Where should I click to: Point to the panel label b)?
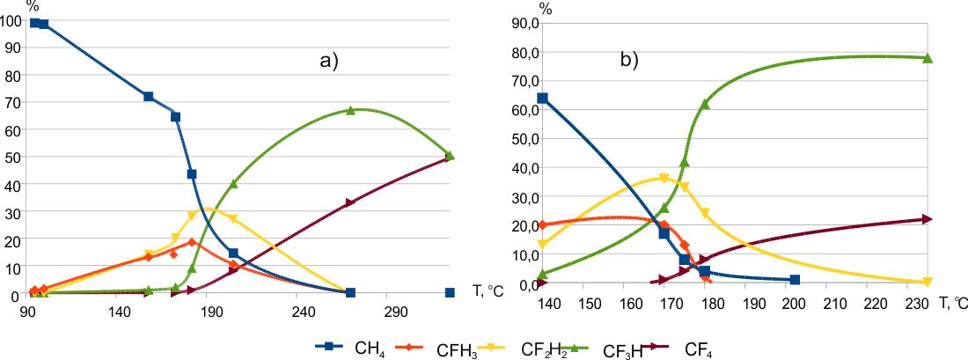tap(629, 61)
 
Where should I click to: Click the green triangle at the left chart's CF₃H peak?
tap(350, 110)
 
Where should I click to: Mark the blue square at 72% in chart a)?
tap(148, 96)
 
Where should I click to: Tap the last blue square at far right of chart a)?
tap(450, 292)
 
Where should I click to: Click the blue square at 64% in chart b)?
tap(543, 98)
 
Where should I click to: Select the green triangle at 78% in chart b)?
tap(927, 58)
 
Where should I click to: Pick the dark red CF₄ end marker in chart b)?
tap(927, 219)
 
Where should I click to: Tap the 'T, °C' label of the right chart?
tap(951, 304)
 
